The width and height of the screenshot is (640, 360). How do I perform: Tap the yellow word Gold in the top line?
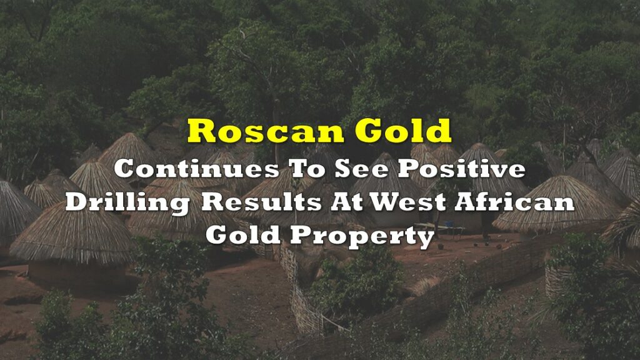pyautogui.click(x=403, y=131)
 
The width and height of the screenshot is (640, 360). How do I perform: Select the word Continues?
pyautogui.click(x=196, y=169)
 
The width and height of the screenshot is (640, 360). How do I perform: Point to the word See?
pyautogui.click(x=361, y=169)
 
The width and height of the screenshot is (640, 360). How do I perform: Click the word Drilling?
pyautogui.click(x=127, y=202)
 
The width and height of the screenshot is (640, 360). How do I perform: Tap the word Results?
pyautogui.click(x=261, y=202)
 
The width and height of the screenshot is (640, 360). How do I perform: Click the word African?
pyautogui.click(x=514, y=202)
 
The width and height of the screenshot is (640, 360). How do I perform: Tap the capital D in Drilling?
pyautogui.click(x=77, y=202)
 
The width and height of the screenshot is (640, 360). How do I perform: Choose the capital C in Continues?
pyautogui.click(x=125, y=169)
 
